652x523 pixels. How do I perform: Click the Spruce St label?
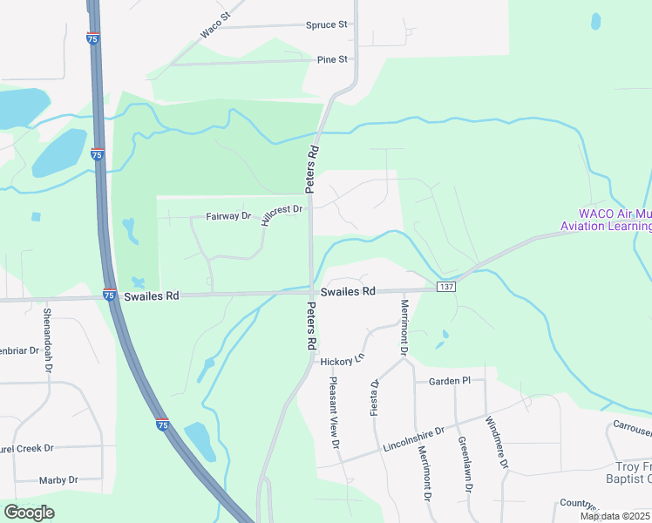click(327, 24)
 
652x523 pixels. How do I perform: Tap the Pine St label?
click(332, 59)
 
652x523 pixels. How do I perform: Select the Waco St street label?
click(214, 25)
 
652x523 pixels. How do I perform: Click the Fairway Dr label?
click(228, 215)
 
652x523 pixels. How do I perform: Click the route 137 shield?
click(446, 287)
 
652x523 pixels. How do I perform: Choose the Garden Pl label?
click(449, 381)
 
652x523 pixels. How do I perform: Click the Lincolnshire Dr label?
click(413, 438)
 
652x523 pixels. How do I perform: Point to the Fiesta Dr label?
click(376, 397)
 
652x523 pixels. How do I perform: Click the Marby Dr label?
click(58, 480)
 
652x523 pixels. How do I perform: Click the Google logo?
click(29, 512)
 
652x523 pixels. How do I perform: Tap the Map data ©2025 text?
click(615, 516)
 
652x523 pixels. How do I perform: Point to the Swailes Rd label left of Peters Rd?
click(151, 296)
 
